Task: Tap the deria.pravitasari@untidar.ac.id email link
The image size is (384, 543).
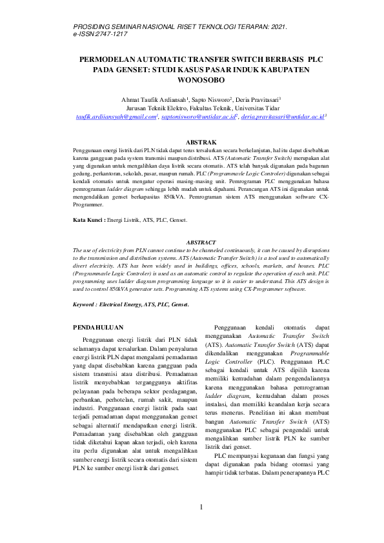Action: (x=283, y=117)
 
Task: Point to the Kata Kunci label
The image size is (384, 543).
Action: (x=88, y=221)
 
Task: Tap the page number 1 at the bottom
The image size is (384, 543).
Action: (x=201, y=508)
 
